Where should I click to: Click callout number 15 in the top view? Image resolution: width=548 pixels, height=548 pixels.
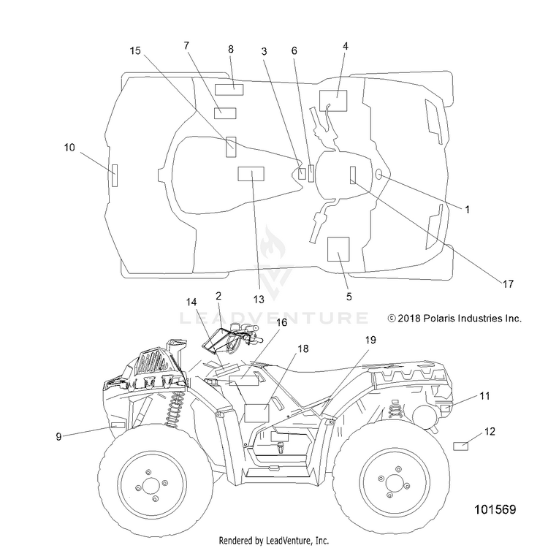click(135, 50)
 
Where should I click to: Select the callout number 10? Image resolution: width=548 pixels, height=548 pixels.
click(69, 148)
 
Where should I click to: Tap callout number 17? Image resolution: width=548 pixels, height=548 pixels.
click(508, 283)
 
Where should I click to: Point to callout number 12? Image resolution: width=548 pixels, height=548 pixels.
click(490, 431)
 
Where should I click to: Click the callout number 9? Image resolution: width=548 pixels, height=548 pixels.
click(58, 436)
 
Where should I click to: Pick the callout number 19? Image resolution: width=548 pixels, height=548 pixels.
click(370, 339)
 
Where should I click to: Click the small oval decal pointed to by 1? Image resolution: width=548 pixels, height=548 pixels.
click(378, 174)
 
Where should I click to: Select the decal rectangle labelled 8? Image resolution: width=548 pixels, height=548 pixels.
click(229, 90)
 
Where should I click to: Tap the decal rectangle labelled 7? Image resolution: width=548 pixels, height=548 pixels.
click(225, 113)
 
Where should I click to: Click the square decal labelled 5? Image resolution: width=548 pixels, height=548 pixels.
click(338, 249)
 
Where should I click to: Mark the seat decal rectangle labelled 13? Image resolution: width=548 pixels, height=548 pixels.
click(251, 174)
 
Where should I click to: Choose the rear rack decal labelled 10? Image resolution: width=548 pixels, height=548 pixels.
click(115, 175)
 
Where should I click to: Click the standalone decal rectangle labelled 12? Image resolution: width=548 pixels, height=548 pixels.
click(460, 446)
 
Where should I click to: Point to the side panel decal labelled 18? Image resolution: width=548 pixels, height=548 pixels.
click(257, 413)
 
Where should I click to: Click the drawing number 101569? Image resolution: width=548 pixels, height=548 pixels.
click(495, 509)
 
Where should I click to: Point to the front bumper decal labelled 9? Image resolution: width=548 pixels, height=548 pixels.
click(118, 425)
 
